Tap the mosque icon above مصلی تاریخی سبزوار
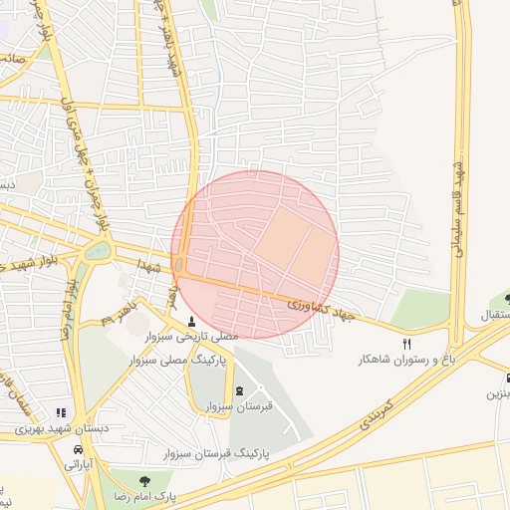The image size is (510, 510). pyautogui.click(x=191, y=321)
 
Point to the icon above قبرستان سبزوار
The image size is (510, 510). pyautogui.click(x=238, y=390)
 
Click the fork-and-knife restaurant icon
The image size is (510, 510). pyautogui.click(x=406, y=343)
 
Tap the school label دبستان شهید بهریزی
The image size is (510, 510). pyautogui.click(x=63, y=428)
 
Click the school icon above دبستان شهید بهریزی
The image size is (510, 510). pyautogui.click(x=62, y=412)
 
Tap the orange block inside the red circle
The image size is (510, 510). pyautogui.click(x=295, y=244)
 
